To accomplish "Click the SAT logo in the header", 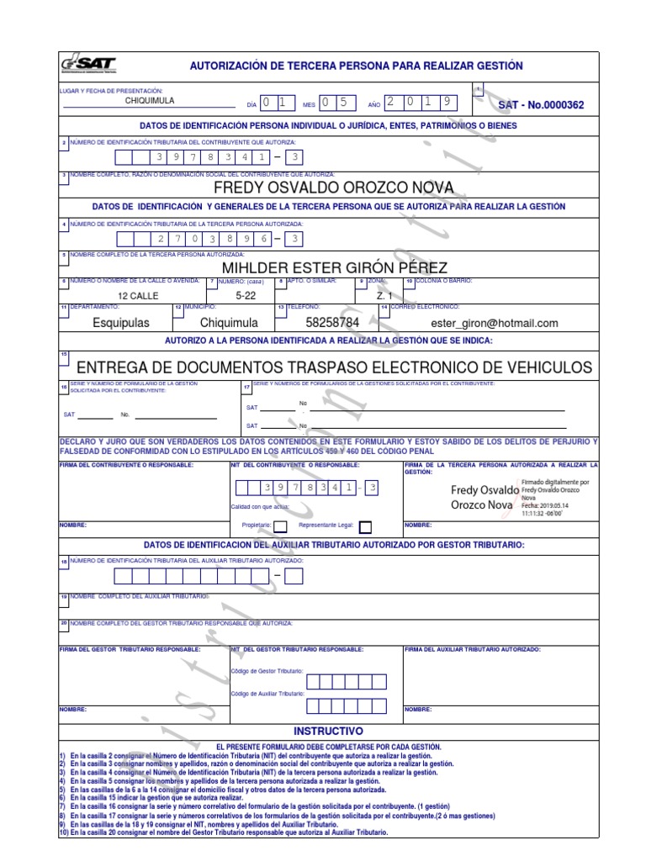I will pyautogui.click(x=87, y=66).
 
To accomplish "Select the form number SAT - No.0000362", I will pyautogui.click(x=541, y=105).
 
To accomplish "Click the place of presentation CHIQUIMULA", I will pyautogui.click(x=150, y=101).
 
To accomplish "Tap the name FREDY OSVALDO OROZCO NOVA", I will pyautogui.click(x=334, y=187).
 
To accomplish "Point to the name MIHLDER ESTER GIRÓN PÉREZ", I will pyautogui.click(x=334, y=267).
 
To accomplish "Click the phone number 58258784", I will pyautogui.click(x=332, y=323).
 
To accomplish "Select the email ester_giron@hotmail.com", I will pyautogui.click(x=494, y=323).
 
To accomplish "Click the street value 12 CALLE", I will pyautogui.click(x=137, y=296).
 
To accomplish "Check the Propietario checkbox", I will pyautogui.click(x=280, y=527).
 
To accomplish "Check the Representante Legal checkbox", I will pyautogui.click(x=365, y=527).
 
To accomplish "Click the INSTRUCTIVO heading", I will pyautogui.click(x=328, y=732).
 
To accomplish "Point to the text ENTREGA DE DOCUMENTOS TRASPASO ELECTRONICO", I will pyautogui.click(x=334, y=367).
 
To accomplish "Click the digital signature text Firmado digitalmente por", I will pyautogui.click(x=549, y=483).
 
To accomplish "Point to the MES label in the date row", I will pyautogui.click(x=309, y=105).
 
